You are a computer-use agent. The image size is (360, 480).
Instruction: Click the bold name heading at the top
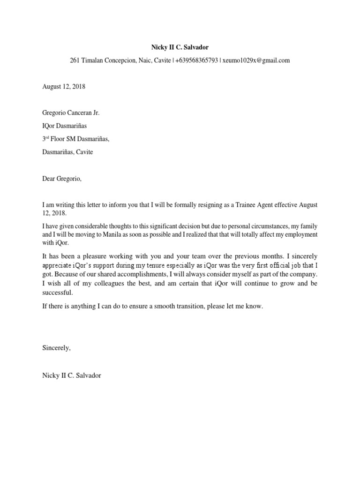(180, 47)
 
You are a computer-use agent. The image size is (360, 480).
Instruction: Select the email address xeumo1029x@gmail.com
(256, 60)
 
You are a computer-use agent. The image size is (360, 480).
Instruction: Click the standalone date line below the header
(64, 87)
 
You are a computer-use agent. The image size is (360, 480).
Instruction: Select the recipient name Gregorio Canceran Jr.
(71, 113)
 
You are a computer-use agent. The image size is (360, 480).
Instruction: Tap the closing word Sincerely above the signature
(56, 348)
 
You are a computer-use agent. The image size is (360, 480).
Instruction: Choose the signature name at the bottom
(71, 375)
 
